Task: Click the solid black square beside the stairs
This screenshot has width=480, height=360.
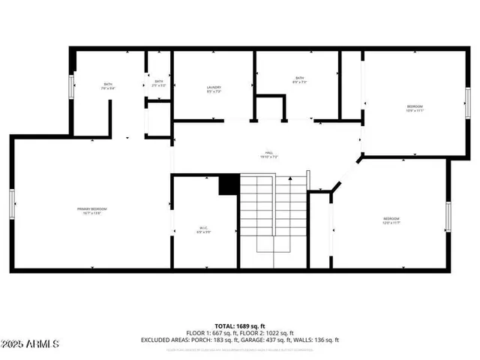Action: click(x=229, y=185)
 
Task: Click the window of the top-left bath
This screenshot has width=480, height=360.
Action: click(x=72, y=86)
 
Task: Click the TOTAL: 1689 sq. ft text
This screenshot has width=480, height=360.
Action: click(x=240, y=326)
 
